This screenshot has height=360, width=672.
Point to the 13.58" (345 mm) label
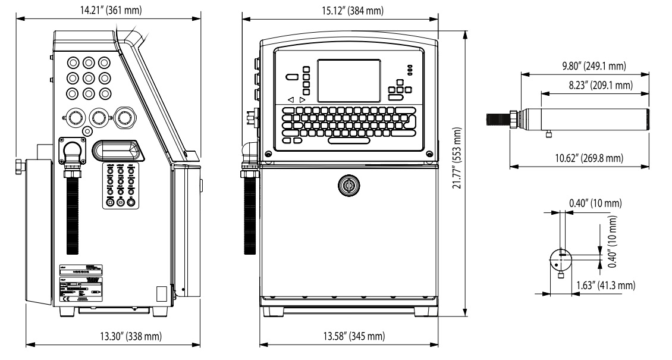(x=349, y=337)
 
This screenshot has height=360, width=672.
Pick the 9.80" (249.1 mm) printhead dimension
(x=588, y=65)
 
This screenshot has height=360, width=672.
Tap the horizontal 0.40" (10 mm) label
(x=595, y=204)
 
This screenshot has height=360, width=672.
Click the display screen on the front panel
(x=348, y=80)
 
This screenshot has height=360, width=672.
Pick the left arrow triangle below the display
(x=290, y=99)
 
